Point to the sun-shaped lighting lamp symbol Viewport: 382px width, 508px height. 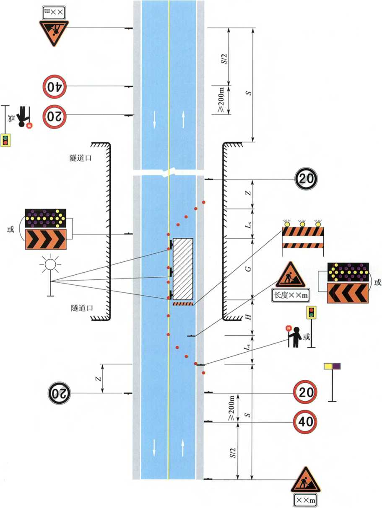coord(50,265)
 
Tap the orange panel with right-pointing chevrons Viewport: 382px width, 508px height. coord(45,240)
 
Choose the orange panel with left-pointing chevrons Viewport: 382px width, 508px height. coord(348,292)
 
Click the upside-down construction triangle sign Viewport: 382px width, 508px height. coord(54,31)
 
